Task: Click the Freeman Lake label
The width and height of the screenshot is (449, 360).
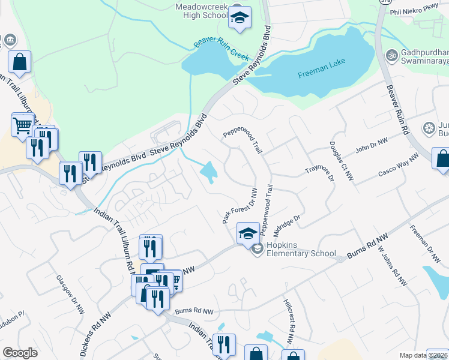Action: [322, 75]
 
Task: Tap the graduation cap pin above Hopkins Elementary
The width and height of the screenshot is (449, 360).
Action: [247, 233]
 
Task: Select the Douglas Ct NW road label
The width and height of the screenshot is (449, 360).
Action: [342, 161]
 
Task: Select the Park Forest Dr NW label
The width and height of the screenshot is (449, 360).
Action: [240, 206]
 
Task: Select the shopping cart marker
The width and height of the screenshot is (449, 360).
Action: [22, 125]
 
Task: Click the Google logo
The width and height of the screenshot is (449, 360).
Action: [20, 353]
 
